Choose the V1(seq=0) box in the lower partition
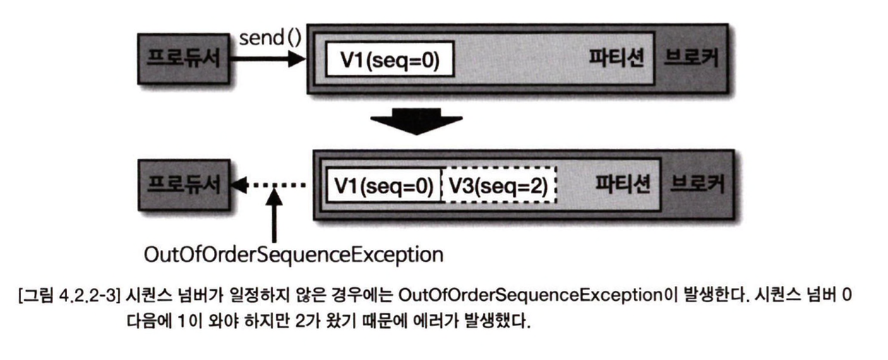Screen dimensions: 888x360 [x=383, y=186]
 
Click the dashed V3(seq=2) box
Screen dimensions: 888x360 [x=498, y=186]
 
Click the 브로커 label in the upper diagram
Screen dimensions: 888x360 [x=688, y=59]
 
